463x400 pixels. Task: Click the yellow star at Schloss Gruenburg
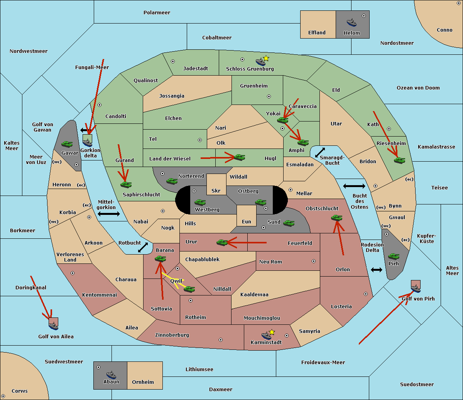click(x=266, y=58)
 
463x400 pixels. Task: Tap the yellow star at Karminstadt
click(x=272, y=332)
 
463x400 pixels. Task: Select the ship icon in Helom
click(x=351, y=22)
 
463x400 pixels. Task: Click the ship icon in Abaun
click(x=111, y=375)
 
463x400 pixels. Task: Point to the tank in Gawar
click(x=67, y=144)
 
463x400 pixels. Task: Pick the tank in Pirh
click(x=394, y=256)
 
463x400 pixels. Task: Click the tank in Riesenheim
click(x=400, y=160)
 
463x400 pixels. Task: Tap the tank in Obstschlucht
click(x=336, y=218)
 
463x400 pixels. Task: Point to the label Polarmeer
click(x=157, y=13)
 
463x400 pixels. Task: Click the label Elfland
click(x=317, y=33)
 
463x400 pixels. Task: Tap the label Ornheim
click(x=143, y=382)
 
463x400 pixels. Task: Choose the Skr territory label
click(x=216, y=191)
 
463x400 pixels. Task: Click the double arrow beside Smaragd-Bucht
click(x=320, y=153)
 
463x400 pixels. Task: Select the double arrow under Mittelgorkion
click(x=109, y=214)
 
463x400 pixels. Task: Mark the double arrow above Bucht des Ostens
click(x=354, y=186)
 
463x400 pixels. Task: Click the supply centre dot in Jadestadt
click(x=173, y=61)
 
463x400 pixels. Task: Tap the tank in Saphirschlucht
click(x=126, y=184)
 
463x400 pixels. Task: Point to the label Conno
click(x=444, y=30)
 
